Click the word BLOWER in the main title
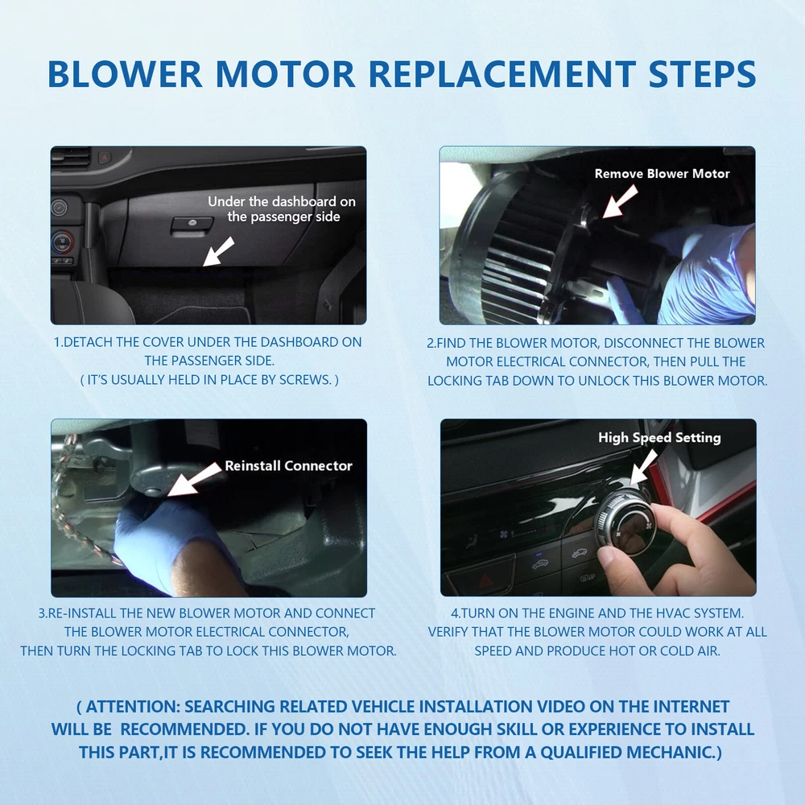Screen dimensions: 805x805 click(x=125, y=73)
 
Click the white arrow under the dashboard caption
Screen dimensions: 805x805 click(x=217, y=251)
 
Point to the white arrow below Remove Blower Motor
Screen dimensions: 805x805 click(x=620, y=201)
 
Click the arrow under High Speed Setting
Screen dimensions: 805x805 click(x=643, y=468)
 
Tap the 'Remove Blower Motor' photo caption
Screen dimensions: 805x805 click(x=662, y=174)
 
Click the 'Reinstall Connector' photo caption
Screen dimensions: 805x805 click(x=288, y=465)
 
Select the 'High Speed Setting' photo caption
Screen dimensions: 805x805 click(x=659, y=437)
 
